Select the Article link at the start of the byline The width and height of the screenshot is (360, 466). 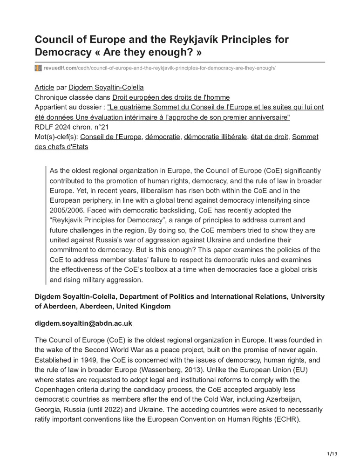45,87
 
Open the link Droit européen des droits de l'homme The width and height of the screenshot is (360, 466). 171,97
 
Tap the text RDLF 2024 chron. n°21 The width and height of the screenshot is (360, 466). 75,127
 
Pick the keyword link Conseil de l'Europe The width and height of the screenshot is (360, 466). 111,137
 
